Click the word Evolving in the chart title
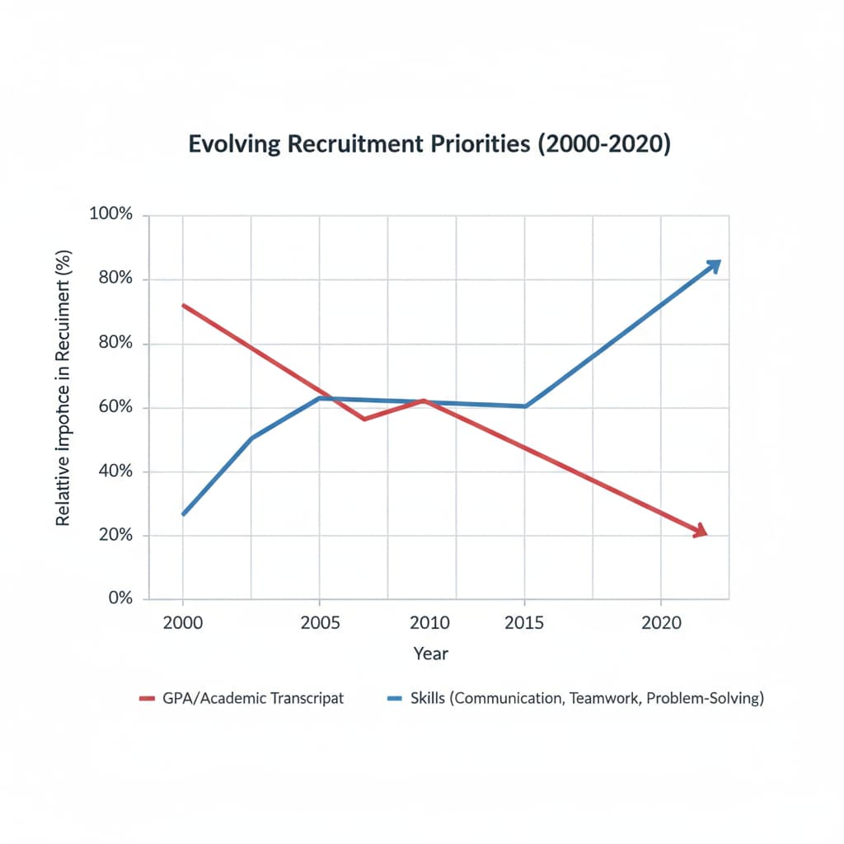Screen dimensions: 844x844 click(x=232, y=143)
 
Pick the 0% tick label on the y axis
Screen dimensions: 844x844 click(x=120, y=598)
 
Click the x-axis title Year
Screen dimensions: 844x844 click(x=430, y=654)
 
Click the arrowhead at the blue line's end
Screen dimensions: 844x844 click(x=713, y=265)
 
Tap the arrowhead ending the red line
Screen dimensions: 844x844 click(x=701, y=532)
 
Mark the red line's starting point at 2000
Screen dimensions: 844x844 click(x=183, y=305)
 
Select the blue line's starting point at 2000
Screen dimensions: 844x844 click(x=183, y=514)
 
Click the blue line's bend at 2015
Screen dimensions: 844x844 click(x=524, y=406)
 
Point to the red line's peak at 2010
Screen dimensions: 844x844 click(x=423, y=401)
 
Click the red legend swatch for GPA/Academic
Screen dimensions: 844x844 click(x=148, y=698)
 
